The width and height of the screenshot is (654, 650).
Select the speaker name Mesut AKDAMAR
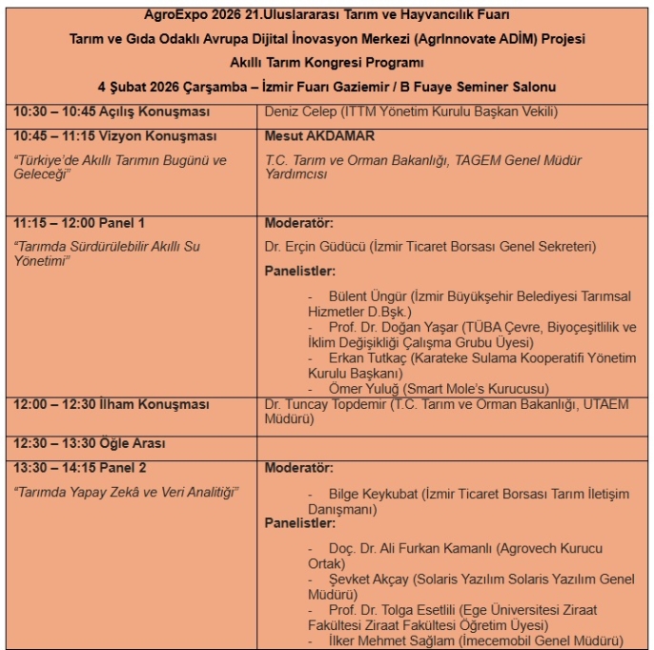point(319,136)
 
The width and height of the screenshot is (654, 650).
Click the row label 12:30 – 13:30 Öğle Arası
point(89,443)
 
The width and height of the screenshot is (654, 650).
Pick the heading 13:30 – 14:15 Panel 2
point(80,468)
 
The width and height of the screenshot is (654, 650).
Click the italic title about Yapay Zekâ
point(125,491)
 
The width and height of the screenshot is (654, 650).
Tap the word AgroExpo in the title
point(168,15)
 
